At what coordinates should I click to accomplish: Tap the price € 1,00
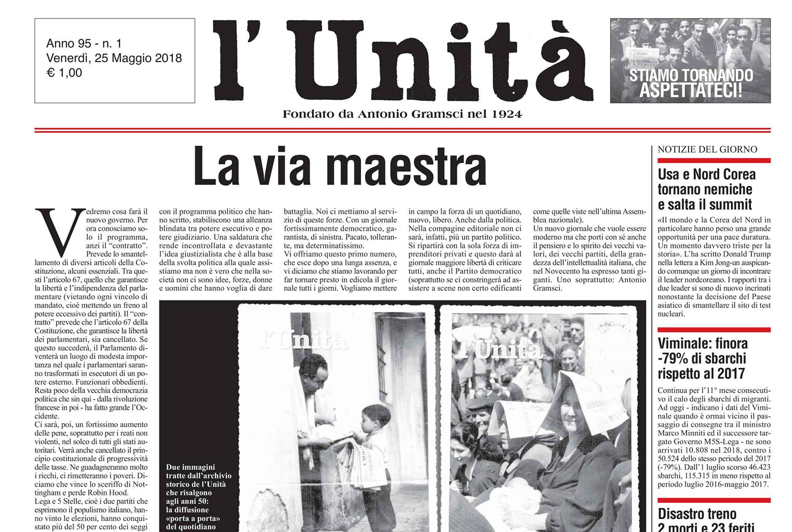click(64, 73)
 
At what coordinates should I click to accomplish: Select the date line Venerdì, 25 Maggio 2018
click(114, 58)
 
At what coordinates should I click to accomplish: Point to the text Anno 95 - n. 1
click(84, 44)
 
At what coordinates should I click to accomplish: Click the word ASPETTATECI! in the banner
click(690, 90)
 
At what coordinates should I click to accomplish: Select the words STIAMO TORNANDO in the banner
click(691, 75)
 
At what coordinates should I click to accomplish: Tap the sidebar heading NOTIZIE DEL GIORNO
click(707, 150)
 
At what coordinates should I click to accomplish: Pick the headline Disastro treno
click(697, 514)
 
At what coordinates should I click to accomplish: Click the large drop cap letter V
click(60, 229)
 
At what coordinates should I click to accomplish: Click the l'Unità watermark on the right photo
click(498, 348)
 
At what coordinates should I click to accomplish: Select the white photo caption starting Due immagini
click(198, 496)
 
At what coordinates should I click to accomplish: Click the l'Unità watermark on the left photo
click(304, 340)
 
